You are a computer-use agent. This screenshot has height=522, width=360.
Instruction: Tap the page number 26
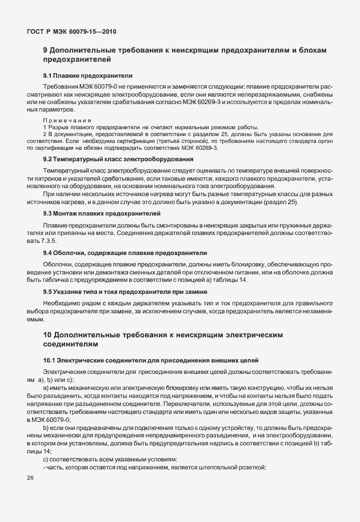[30, 477]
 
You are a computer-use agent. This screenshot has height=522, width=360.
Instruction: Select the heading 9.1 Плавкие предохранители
[88, 75]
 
